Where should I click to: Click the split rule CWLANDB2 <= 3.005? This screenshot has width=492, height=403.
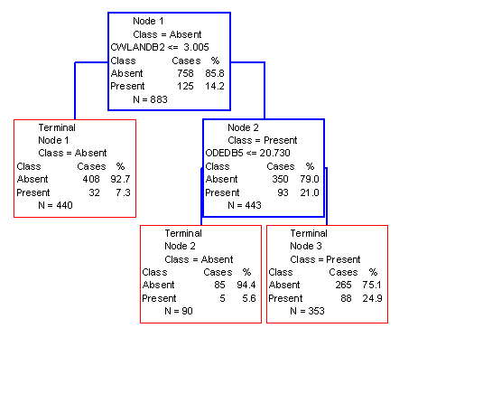160,47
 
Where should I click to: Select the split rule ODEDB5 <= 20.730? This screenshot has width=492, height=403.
247,153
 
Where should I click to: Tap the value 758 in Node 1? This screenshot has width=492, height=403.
185,73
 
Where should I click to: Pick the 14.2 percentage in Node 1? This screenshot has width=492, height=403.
215,86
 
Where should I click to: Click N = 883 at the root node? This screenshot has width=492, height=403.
150,99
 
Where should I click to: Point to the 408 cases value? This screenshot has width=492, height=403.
91,179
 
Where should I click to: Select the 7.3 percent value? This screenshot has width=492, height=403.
123,192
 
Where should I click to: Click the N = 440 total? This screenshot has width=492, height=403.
56,205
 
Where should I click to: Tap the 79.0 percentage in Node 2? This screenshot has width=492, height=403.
310,179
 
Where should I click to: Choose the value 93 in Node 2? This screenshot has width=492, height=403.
283,192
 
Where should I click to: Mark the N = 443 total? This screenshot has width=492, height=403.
245,205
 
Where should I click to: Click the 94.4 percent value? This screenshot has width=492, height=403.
246,285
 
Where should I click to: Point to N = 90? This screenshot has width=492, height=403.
179,311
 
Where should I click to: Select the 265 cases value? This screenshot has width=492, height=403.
343,285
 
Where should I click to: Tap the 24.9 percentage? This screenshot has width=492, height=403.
373,298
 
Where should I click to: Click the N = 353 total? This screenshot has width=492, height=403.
307,311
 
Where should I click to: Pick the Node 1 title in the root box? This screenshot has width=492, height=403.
148,21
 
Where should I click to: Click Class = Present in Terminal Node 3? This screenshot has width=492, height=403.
325,259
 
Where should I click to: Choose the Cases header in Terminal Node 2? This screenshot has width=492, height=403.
218,272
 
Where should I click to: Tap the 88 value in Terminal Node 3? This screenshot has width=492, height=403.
346,298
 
